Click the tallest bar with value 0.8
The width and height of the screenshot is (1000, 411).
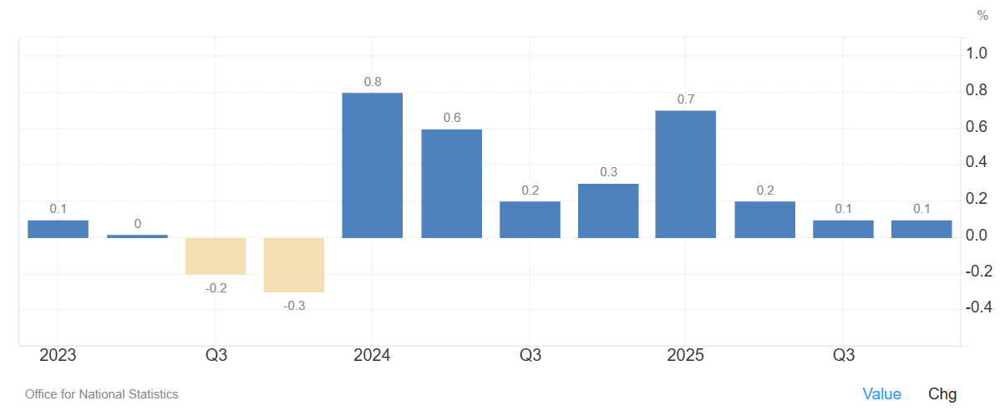[x=373, y=165]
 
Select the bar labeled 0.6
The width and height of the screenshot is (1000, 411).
[x=451, y=183]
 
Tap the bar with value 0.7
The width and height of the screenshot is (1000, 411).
[x=686, y=174]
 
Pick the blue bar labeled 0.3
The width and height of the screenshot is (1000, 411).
[x=608, y=211]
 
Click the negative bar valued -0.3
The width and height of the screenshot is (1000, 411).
[x=294, y=265]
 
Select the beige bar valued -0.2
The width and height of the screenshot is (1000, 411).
[x=216, y=256]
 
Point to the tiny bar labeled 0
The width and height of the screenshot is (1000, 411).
[x=137, y=236]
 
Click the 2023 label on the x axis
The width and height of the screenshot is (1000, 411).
[x=58, y=356]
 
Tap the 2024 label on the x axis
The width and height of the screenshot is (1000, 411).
[x=372, y=356]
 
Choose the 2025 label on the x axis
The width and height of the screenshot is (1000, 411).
[x=685, y=356]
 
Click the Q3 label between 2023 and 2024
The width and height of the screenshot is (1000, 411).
[x=216, y=356]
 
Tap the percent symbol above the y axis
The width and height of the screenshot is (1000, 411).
[x=982, y=15]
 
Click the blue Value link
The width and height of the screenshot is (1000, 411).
[x=881, y=394]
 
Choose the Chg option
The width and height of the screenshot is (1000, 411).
[x=942, y=394]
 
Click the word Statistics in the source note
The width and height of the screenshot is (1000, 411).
[x=153, y=394]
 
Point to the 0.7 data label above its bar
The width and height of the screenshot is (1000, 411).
[x=686, y=99]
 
